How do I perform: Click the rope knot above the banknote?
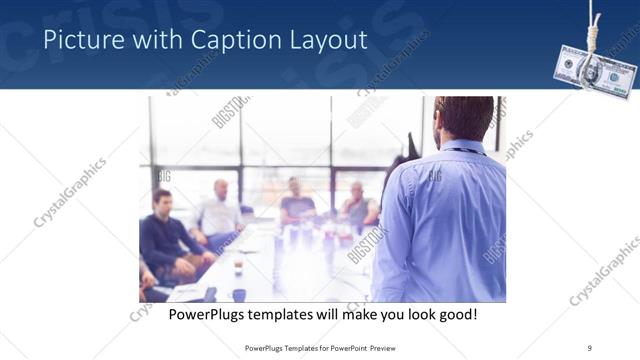(597, 32)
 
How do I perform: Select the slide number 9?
(590, 347)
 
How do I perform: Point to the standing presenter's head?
(463, 117)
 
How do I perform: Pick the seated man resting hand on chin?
(358, 205)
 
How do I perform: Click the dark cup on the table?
(239, 294)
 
